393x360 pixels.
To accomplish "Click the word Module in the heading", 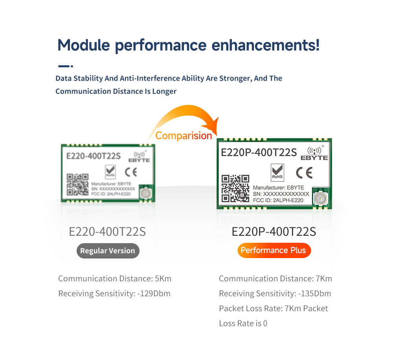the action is [x=84, y=45].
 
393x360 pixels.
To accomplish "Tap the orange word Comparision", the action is [x=184, y=136].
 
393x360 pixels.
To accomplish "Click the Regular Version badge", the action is [x=108, y=251].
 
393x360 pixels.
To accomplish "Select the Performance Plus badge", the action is [x=274, y=250].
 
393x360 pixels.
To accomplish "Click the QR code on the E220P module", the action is [x=235, y=188].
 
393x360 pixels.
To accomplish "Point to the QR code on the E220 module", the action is [x=77, y=185].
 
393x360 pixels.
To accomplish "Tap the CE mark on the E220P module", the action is [x=304, y=173].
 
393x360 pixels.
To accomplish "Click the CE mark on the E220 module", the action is [x=131, y=172].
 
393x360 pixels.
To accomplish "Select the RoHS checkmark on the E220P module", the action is [x=277, y=172].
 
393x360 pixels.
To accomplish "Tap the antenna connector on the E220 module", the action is [x=146, y=193].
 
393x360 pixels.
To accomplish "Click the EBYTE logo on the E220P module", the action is [x=314, y=153].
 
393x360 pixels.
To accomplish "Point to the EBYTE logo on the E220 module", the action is [x=139, y=157].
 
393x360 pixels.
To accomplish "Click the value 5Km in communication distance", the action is [x=163, y=279].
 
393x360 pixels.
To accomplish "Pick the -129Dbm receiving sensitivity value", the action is [x=154, y=294].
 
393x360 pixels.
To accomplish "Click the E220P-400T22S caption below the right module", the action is [x=274, y=232].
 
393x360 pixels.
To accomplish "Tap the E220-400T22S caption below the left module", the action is [x=107, y=232].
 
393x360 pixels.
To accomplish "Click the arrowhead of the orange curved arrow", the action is [x=213, y=126].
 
